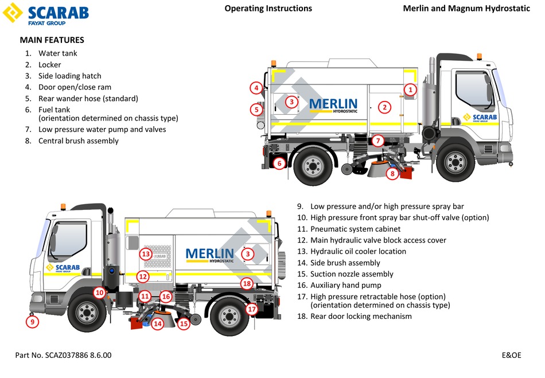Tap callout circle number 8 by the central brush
tap(392, 173)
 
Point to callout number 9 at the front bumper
tap(32, 322)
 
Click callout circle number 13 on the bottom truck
tap(146, 254)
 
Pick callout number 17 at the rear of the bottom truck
tap(251, 309)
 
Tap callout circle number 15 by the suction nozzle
tap(184, 324)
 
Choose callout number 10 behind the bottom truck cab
tap(99, 293)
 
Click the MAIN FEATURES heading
tap(52, 40)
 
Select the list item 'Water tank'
tap(57, 53)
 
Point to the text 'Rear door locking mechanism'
tap(361, 316)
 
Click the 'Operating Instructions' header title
tap(268, 9)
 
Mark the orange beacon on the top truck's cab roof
tap(479, 56)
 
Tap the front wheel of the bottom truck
tap(87, 314)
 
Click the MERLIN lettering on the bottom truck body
tap(209, 254)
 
